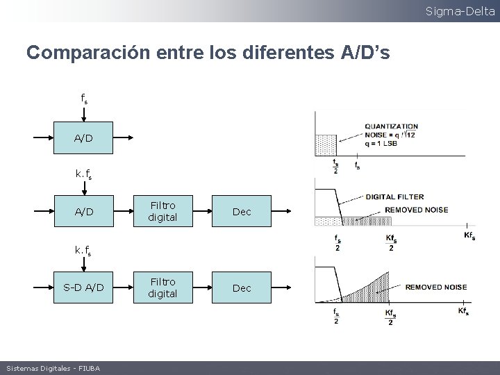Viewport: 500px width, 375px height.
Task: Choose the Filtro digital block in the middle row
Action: [x=162, y=211]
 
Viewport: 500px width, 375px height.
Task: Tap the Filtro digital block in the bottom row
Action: [x=162, y=287]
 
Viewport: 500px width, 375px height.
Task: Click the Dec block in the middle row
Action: [x=242, y=211]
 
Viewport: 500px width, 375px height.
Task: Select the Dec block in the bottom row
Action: [x=242, y=287]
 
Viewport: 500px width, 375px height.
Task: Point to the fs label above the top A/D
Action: [x=83, y=99]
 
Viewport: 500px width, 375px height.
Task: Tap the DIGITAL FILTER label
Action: [x=394, y=197]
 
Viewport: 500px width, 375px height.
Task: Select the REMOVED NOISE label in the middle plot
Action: [x=416, y=210]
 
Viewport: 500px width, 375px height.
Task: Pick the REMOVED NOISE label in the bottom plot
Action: [x=436, y=286]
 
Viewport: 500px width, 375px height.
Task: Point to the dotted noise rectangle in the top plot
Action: [x=326, y=144]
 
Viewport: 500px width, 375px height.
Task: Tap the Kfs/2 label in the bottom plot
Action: [x=391, y=315]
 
